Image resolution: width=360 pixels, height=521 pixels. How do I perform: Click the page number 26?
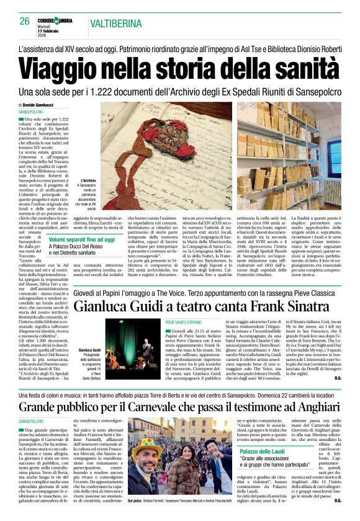click(x=24, y=22)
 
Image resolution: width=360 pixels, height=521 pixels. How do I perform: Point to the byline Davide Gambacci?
click(x=40, y=105)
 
